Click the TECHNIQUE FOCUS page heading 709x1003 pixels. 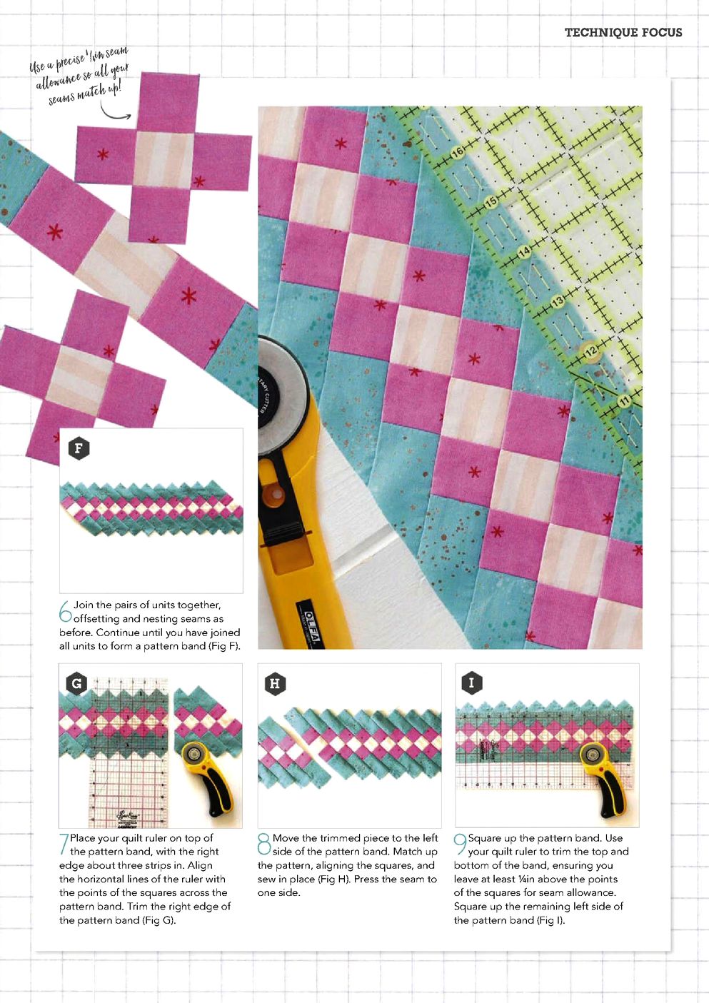click(x=623, y=32)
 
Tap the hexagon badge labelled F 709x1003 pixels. click(x=79, y=448)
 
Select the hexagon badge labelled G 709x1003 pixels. click(x=76, y=683)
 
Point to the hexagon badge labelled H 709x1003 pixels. click(x=275, y=683)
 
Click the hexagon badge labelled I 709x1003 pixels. click(x=471, y=683)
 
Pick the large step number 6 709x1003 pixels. click(x=66, y=611)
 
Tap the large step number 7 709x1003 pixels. click(x=64, y=844)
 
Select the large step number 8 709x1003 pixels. click(x=264, y=844)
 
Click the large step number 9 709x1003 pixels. click(x=461, y=844)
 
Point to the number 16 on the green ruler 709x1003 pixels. click(x=457, y=153)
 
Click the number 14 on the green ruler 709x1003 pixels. click(x=524, y=252)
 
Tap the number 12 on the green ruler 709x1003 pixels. click(x=591, y=351)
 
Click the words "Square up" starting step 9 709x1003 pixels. click(x=491, y=838)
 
